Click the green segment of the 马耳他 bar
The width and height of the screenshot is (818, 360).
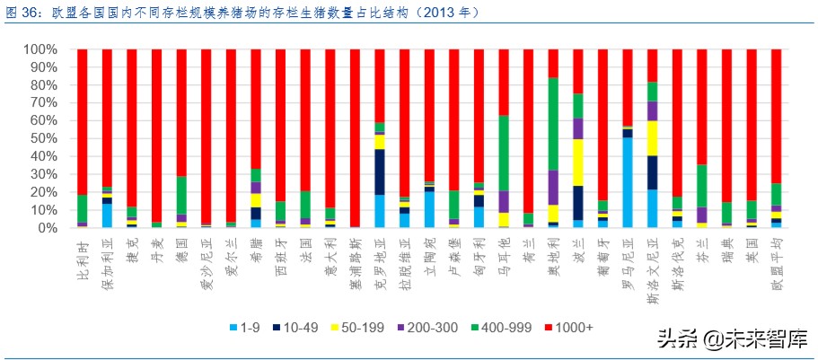click(504, 153)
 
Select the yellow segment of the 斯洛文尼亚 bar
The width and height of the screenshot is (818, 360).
click(653, 138)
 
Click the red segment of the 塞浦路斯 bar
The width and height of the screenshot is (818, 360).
click(355, 138)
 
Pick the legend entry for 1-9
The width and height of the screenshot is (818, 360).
click(246, 327)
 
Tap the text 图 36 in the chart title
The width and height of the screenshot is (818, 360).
click(22, 13)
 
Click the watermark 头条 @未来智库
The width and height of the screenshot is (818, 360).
click(732, 339)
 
